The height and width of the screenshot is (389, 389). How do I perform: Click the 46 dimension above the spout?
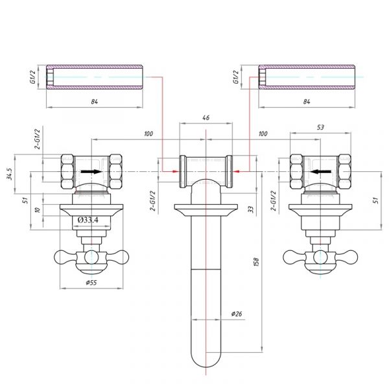[x=206, y=117]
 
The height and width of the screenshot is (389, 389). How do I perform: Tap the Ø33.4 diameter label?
[x=88, y=220]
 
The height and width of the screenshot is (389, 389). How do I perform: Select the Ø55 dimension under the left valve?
[x=91, y=282]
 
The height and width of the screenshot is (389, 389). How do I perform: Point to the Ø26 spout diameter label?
[x=237, y=314]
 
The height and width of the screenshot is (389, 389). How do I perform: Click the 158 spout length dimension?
[x=256, y=262]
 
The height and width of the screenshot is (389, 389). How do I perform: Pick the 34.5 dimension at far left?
[x=9, y=174]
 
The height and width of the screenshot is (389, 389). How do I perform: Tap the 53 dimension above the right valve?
[x=320, y=127]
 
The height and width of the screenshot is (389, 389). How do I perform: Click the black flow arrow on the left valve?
[x=91, y=172]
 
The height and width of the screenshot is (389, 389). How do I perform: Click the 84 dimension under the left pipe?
[x=94, y=102]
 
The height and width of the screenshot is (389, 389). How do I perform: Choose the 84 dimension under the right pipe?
[x=307, y=102]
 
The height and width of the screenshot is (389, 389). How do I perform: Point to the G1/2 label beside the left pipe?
[x=33, y=77]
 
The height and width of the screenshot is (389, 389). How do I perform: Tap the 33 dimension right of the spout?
[x=252, y=209]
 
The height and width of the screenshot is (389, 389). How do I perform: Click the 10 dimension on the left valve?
[x=38, y=210]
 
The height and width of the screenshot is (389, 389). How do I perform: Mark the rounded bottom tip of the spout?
[x=206, y=367]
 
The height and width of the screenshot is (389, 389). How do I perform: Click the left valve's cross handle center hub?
[x=91, y=257]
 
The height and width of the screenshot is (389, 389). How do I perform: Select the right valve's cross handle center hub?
[x=320, y=257]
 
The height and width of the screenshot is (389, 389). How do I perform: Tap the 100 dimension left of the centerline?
[x=148, y=134]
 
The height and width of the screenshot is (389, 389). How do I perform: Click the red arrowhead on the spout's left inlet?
[x=176, y=171]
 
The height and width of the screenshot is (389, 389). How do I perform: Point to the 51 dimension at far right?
[x=376, y=200]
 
